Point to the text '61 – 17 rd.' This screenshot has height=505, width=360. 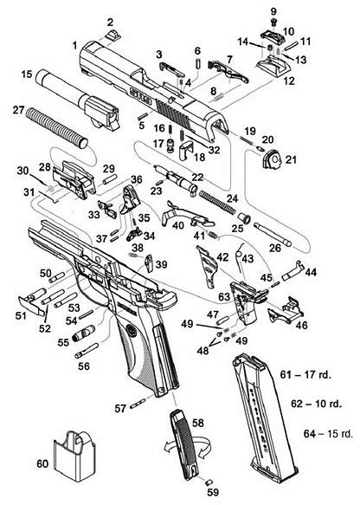[x=312, y=374]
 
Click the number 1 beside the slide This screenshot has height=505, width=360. [x=76, y=42]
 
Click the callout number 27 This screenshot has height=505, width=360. [x=17, y=109]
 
